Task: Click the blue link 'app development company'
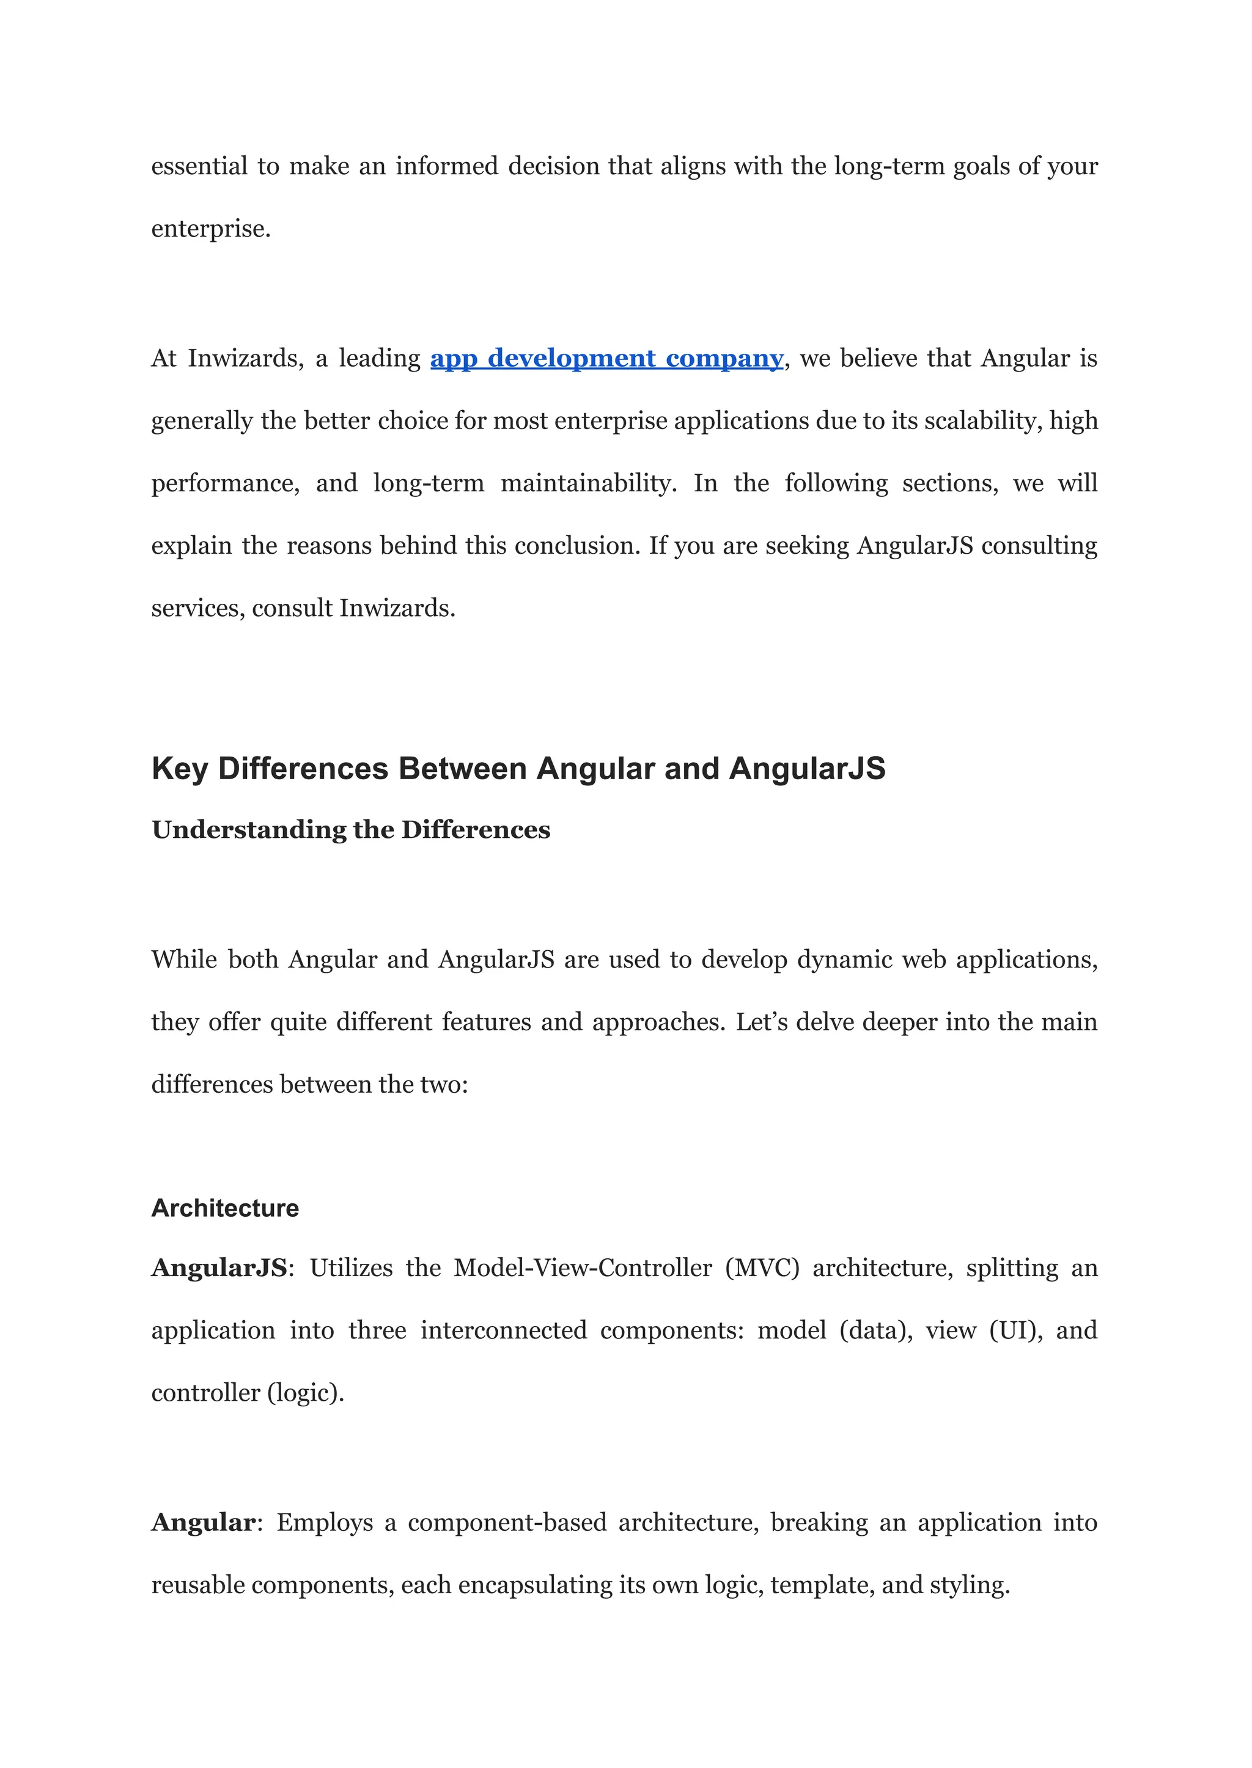click(606, 358)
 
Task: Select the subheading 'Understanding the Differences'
click(351, 829)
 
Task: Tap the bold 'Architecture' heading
click(225, 1208)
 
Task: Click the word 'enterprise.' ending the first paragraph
click(210, 229)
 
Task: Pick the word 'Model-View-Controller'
click(583, 1268)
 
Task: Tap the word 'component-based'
click(507, 1522)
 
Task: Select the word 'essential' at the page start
click(199, 166)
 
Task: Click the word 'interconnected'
click(503, 1330)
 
